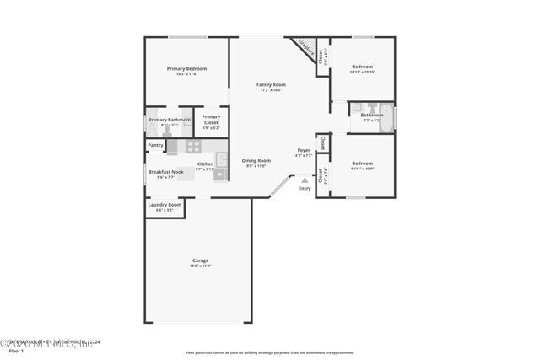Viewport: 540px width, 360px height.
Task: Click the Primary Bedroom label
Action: coord(186,68)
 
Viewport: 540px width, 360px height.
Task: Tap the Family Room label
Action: coord(272,84)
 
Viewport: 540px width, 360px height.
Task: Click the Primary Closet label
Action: coord(211,119)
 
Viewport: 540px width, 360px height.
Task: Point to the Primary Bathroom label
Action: coord(170,120)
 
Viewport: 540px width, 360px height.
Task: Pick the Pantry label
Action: coord(155,145)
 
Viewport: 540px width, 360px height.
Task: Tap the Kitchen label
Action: coord(205,164)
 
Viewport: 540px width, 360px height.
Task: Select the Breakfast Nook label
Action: coord(165,172)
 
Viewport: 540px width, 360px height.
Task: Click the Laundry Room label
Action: coord(165,204)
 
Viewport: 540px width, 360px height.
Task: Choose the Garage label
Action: coord(200,261)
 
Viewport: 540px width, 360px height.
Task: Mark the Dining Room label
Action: coord(256,160)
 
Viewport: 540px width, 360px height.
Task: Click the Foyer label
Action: coord(304,150)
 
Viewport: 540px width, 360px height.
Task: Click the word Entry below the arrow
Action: coord(305,188)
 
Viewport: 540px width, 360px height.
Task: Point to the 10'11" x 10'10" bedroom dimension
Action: coord(362,72)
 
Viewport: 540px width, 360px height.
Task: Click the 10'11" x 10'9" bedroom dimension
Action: coord(362,169)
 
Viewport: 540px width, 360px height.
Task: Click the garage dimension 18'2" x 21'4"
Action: coord(200,266)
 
